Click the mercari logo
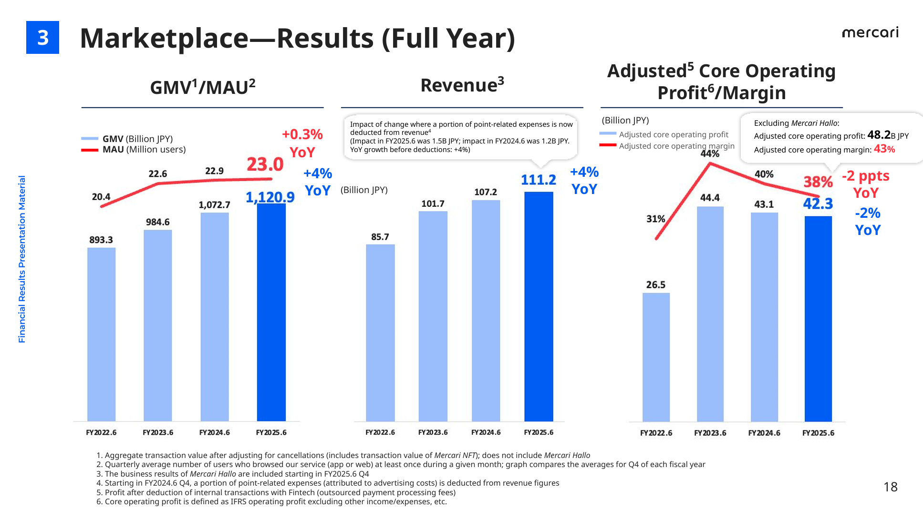click(870, 32)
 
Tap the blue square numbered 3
click(42, 37)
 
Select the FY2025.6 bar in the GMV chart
click(271, 312)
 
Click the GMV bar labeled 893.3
click(101, 334)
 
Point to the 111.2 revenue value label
click(538, 180)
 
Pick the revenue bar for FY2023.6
click(433, 316)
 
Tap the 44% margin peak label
click(710, 153)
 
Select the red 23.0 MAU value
click(265, 164)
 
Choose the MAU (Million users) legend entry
click(144, 150)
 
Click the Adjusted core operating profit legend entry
click(673, 134)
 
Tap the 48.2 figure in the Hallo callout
click(879, 135)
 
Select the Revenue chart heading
click(462, 85)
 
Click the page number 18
click(890, 487)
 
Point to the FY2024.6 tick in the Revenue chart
click(486, 432)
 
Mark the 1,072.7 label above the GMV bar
click(214, 205)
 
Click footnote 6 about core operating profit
click(271, 501)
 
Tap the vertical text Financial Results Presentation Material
click(22, 259)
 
